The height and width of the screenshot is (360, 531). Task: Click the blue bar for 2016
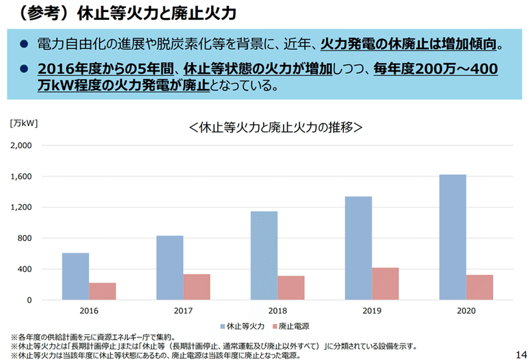[76, 276]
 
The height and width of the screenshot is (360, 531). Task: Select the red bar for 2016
[102, 291]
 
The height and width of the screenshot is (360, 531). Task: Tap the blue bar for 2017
[170, 268]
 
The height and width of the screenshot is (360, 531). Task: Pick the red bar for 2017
[196, 287]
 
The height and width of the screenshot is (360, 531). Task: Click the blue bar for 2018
[264, 255]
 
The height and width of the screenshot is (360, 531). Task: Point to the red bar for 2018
[291, 288]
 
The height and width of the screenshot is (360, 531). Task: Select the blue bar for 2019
[358, 248]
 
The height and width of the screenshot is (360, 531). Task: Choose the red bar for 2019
[385, 284]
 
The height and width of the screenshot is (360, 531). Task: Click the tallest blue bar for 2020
[453, 237]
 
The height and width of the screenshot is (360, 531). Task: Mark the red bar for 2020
[479, 287]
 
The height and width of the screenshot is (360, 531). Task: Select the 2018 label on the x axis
[277, 310]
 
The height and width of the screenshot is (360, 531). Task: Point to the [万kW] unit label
[24, 123]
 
